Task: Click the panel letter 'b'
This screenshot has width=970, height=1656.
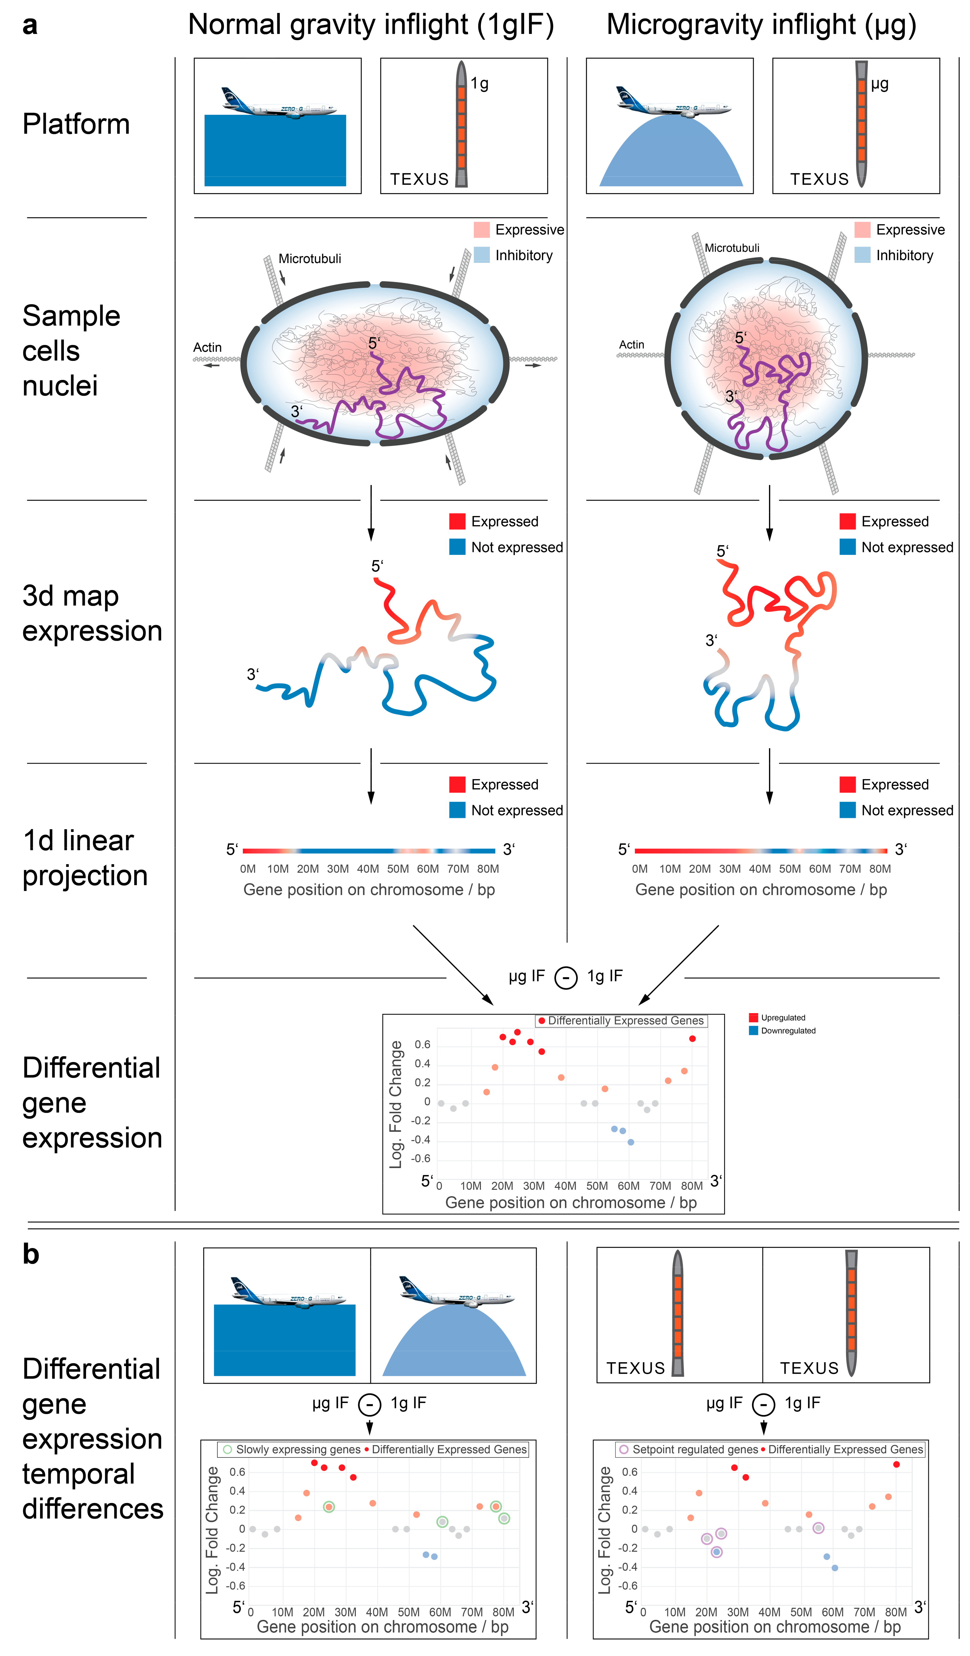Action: pos(31,1254)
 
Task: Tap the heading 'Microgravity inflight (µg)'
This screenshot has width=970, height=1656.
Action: pos(761,25)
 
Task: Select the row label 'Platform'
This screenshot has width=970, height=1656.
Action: pos(76,124)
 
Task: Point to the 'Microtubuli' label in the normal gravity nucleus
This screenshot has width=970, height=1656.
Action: pos(309,258)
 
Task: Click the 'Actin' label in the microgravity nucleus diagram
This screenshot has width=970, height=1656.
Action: pos(631,344)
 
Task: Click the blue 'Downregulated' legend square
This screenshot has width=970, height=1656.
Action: pos(753,1030)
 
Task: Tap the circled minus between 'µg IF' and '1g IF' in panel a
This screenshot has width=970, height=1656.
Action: pos(566,977)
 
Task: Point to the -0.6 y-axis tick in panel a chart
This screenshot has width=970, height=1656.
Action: pos(421,1158)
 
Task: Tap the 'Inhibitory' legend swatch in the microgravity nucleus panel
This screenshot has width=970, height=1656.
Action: pos(862,255)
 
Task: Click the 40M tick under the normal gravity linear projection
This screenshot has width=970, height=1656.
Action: pos(368,869)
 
